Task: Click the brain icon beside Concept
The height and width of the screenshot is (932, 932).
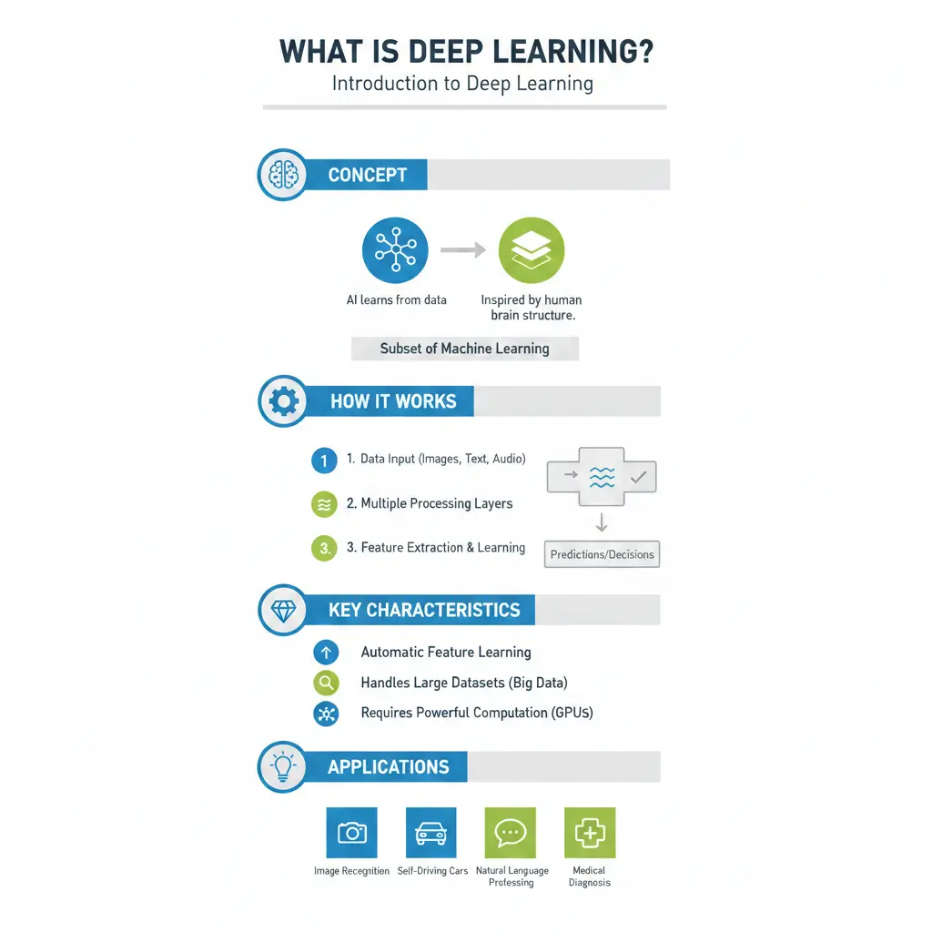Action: (282, 175)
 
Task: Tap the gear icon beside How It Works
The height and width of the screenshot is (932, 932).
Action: (283, 400)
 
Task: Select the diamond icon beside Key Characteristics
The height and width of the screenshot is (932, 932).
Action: (283, 610)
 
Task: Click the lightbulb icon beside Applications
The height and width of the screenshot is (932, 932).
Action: (283, 766)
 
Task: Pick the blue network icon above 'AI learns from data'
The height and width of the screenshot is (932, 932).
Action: (395, 250)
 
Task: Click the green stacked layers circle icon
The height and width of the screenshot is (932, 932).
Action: (532, 250)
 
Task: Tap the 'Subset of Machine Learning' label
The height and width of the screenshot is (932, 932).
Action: (464, 349)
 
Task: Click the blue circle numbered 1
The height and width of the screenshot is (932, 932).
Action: (324, 461)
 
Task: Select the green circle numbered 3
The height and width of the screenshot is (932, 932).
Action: (324, 549)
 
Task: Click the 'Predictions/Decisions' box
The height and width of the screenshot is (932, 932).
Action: (602, 554)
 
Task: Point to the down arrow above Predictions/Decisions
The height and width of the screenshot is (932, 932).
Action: (602, 522)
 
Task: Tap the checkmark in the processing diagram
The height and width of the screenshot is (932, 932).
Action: (638, 475)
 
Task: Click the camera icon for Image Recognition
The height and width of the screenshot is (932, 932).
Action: (351, 833)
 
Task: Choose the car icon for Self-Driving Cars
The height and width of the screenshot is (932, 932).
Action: (431, 833)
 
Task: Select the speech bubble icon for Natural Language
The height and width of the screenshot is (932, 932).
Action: (511, 833)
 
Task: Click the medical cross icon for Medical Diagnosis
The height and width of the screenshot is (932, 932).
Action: (590, 833)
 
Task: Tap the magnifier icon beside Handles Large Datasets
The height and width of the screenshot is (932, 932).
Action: (325, 683)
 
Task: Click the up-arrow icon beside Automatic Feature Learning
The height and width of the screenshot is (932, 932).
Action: (325, 652)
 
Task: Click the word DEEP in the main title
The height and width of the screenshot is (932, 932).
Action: (430, 51)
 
